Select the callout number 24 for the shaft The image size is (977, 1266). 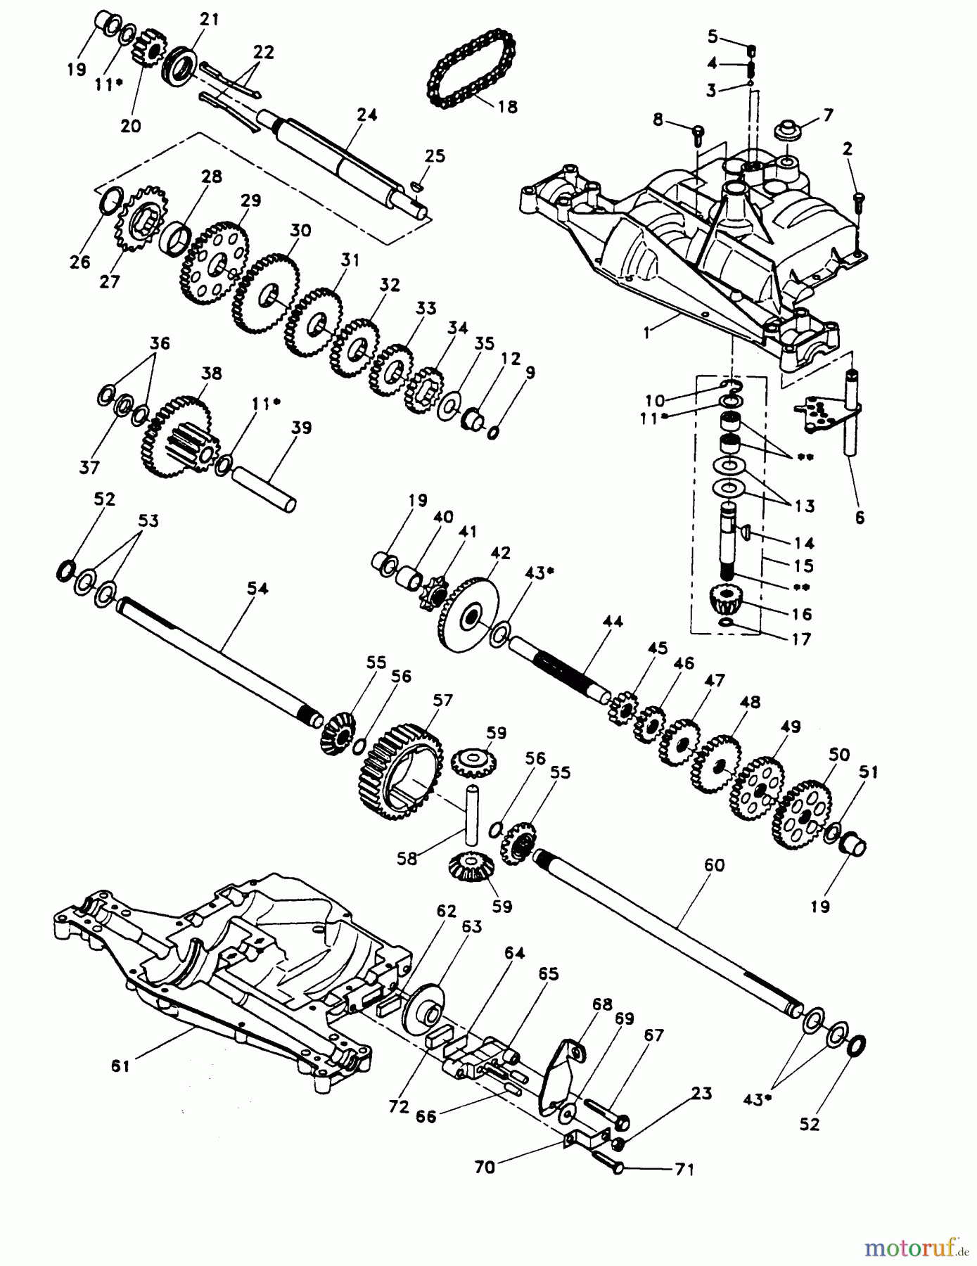(x=367, y=115)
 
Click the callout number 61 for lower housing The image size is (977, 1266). (x=120, y=1066)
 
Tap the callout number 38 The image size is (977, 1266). (x=212, y=373)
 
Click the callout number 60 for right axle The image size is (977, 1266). (x=714, y=865)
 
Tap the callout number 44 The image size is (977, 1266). (x=613, y=621)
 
